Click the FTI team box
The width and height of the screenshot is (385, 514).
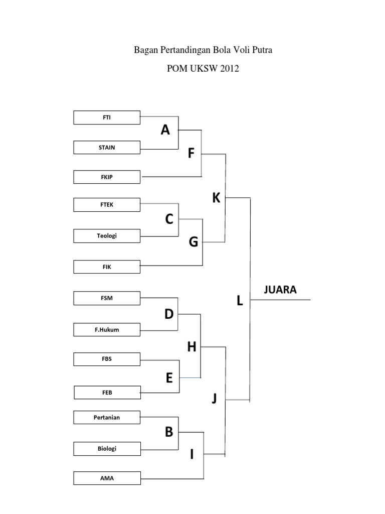(x=107, y=117)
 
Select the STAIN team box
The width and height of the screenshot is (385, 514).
(x=107, y=148)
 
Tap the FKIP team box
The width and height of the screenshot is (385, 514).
(x=107, y=177)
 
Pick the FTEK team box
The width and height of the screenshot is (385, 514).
(x=107, y=205)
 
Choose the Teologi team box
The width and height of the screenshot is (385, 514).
(x=107, y=236)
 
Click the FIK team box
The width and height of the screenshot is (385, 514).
(x=107, y=267)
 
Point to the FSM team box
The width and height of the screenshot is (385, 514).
(x=107, y=298)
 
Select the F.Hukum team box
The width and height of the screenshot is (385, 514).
(x=107, y=330)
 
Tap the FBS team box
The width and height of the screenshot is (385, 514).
(x=107, y=359)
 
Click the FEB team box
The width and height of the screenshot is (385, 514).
(x=107, y=393)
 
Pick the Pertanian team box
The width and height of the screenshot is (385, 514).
(x=107, y=417)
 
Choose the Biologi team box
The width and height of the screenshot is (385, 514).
(x=107, y=448)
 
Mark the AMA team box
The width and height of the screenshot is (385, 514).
(x=107, y=478)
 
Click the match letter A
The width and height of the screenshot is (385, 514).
(x=165, y=131)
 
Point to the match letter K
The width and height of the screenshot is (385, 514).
(x=216, y=198)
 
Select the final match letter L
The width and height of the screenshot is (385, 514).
(x=240, y=301)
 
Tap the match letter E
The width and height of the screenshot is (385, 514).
(x=169, y=378)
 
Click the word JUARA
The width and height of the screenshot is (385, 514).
(x=280, y=290)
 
